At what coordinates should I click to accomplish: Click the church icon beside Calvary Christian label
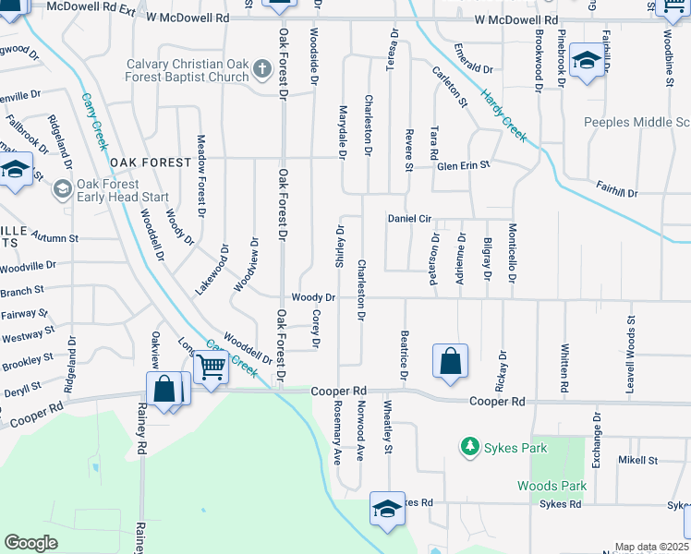pyautogui.click(x=262, y=69)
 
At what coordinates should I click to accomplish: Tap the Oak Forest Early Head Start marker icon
pyautogui.click(x=62, y=189)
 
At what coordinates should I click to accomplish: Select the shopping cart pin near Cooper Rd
pyautogui.click(x=212, y=367)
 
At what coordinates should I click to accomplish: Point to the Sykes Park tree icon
pyautogui.click(x=470, y=448)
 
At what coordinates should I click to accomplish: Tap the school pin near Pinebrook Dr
pyautogui.click(x=586, y=61)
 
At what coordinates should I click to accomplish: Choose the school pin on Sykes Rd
pyautogui.click(x=387, y=509)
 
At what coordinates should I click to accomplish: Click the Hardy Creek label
pyautogui.click(x=503, y=115)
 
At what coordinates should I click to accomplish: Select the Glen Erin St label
pyautogui.click(x=463, y=165)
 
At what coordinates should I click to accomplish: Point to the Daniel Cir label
pyautogui.click(x=410, y=218)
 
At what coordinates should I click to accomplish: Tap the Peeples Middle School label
pyautogui.click(x=637, y=122)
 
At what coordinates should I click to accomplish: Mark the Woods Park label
pyautogui.click(x=552, y=486)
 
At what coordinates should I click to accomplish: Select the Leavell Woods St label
pyautogui.click(x=632, y=344)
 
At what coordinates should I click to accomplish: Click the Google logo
pyautogui.click(x=31, y=543)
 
